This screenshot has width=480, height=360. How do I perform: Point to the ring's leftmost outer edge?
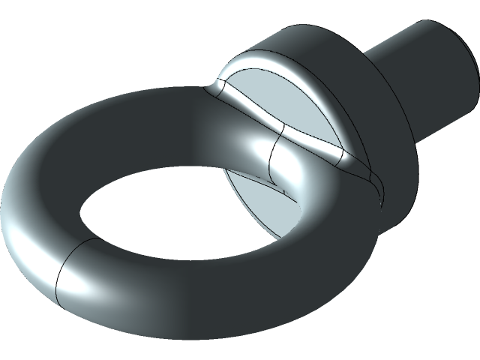3,210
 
